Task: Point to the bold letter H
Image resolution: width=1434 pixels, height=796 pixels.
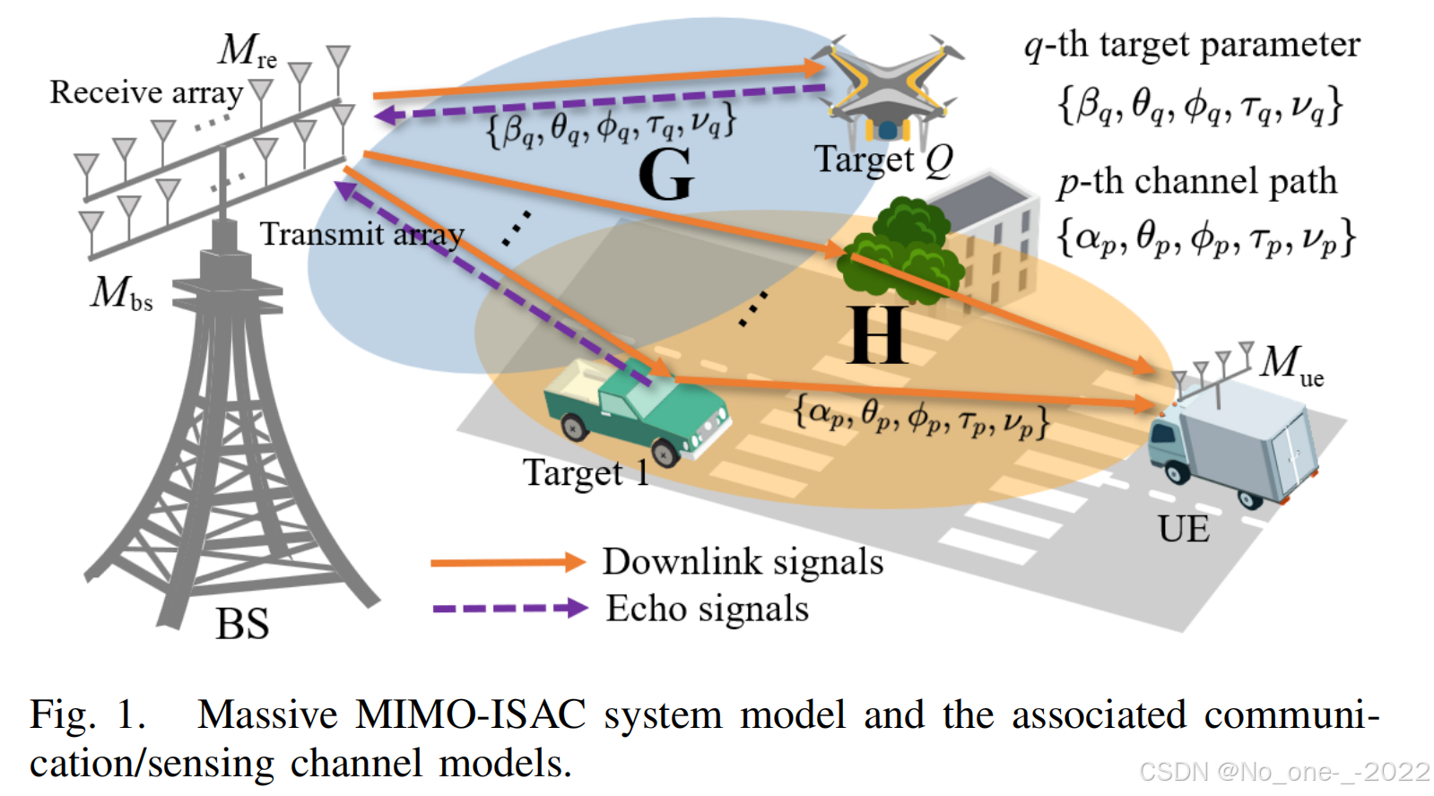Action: (x=877, y=335)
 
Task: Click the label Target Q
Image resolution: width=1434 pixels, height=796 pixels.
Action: (x=882, y=160)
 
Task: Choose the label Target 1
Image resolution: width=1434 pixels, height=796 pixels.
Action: (x=586, y=472)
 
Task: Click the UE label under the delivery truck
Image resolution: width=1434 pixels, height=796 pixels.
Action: (x=1183, y=529)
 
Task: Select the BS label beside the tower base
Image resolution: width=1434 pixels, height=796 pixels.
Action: (x=242, y=624)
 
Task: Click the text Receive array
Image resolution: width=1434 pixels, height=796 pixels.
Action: (x=146, y=92)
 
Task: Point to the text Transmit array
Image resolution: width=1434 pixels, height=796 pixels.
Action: (x=361, y=234)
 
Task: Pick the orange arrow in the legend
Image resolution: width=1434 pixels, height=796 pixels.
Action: (x=508, y=562)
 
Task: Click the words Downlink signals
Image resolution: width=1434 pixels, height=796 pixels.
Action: (x=743, y=562)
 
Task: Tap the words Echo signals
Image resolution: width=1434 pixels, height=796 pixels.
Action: (x=707, y=609)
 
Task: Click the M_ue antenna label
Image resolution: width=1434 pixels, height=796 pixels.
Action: (x=1291, y=364)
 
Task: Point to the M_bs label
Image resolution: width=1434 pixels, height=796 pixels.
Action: (x=121, y=293)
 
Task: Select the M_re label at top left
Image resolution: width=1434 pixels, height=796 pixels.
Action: (x=247, y=50)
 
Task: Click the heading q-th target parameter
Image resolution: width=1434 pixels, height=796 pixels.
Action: (x=1192, y=45)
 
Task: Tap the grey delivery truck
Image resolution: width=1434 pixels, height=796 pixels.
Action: (x=1234, y=439)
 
